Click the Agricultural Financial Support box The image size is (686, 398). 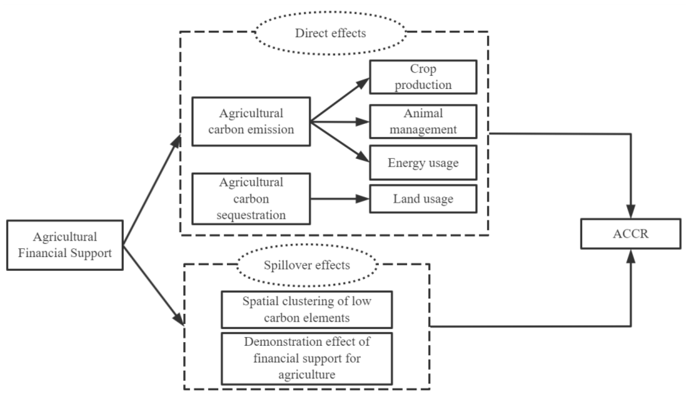65,245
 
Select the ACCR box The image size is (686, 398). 631,234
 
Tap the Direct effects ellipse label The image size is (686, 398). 330,33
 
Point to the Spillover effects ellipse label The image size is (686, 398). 307,265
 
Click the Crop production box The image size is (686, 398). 423,77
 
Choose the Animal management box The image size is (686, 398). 423,122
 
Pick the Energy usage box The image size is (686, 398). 423,163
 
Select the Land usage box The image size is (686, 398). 423,199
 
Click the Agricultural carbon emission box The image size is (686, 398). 251,122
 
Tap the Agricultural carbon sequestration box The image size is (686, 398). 251,199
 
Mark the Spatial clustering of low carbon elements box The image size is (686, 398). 307,309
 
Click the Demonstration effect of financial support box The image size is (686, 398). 307,358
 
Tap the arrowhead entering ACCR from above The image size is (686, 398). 631,211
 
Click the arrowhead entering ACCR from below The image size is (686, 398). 631,257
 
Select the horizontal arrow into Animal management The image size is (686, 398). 340,122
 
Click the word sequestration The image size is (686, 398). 251,215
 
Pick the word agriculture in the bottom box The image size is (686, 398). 307,374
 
